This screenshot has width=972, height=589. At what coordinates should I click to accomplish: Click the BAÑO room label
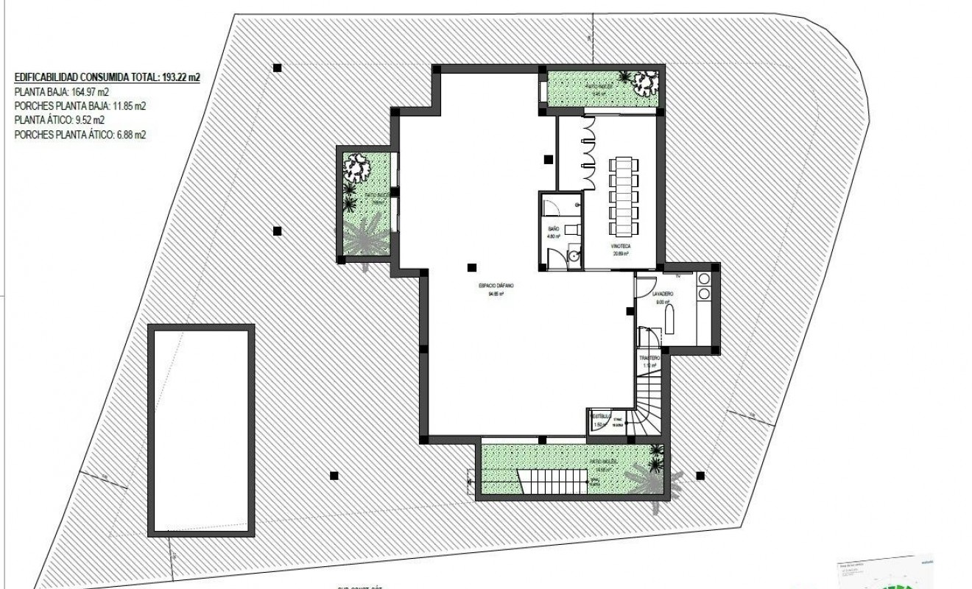coord(553,230)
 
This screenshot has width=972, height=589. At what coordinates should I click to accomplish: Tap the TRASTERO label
coord(648,359)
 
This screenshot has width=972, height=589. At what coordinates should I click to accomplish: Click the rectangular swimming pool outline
coord(202,430)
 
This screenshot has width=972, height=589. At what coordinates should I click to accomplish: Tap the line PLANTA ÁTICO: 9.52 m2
coord(60,120)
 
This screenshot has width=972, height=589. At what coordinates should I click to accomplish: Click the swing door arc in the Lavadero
coord(644,285)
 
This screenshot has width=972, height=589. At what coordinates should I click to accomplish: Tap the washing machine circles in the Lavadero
coord(703,286)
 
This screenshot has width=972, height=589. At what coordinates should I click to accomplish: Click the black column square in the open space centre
coord(471,267)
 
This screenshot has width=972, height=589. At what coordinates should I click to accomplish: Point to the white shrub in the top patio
coord(644,80)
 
